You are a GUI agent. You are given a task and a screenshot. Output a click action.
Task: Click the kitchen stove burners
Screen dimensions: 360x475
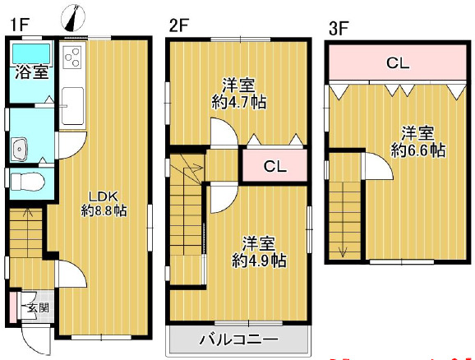tap(72, 58)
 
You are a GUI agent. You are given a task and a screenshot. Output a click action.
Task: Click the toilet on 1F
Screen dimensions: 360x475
tap(22, 179)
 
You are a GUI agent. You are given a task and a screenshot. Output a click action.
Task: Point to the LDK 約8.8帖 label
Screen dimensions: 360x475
tap(104, 203)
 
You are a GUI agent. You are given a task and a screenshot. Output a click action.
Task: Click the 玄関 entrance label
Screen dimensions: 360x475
tap(36, 309)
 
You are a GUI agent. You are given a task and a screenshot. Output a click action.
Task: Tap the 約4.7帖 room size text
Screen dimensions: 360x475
tap(239, 103)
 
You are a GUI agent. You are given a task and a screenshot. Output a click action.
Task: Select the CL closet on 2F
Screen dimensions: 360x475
tap(275, 166)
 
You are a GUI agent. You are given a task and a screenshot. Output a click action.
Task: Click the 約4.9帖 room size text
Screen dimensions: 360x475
tap(259, 261)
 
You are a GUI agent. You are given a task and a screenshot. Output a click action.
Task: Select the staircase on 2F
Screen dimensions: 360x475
tap(187, 222)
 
